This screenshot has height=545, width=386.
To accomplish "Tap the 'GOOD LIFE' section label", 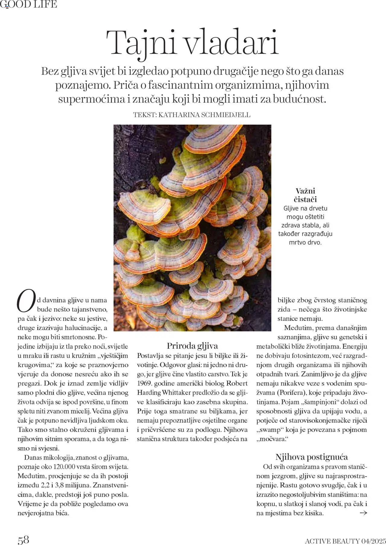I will [29, 4].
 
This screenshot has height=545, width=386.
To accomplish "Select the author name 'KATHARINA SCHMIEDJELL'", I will [204, 115].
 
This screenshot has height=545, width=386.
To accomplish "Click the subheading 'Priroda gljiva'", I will [192, 346].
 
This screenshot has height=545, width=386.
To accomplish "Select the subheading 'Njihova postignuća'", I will [312, 457].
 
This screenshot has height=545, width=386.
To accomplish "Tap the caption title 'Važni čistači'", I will [305, 195].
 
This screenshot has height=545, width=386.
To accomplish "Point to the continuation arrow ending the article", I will [363, 513].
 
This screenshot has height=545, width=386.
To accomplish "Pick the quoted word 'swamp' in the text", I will [271, 430].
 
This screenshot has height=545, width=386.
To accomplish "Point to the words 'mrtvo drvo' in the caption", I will [305, 242].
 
